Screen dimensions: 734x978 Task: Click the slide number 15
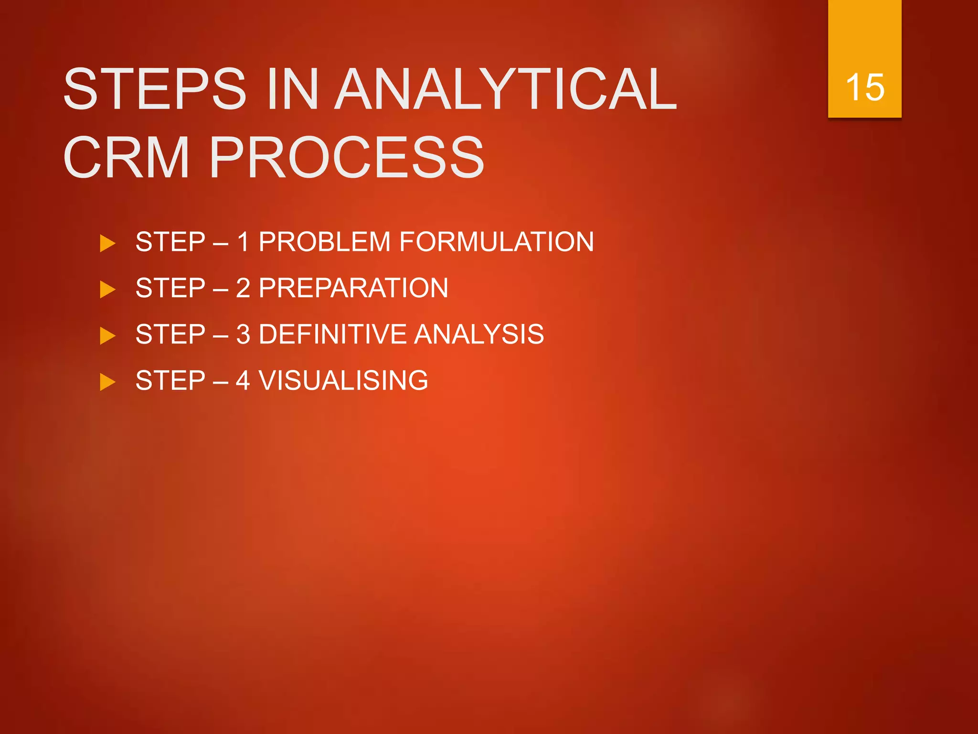click(864, 87)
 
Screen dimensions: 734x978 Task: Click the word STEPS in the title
click(155, 89)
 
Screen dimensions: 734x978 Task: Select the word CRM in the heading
click(127, 158)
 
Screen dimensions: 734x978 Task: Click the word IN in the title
click(293, 89)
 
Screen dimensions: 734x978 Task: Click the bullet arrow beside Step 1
click(107, 243)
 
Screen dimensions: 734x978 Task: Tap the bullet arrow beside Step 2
click(107, 290)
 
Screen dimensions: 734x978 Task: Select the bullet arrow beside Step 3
click(107, 335)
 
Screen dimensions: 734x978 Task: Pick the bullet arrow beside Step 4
click(107, 382)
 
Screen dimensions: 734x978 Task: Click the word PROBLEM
click(324, 242)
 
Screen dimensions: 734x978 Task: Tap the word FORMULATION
click(496, 242)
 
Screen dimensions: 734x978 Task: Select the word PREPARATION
click(353, 288)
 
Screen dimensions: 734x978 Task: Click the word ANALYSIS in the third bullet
click(478, 334)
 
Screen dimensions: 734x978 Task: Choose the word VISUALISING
click(343, 380)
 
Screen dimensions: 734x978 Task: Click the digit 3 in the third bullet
click(243, 334)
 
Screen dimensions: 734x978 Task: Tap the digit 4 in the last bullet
click(243, 380)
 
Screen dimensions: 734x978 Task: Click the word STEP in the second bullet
click(170, 288)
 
